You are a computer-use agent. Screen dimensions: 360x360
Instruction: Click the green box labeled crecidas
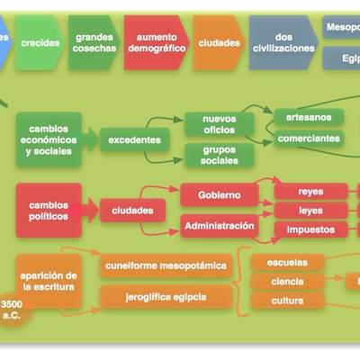pyautogui.click(x=40, y=42)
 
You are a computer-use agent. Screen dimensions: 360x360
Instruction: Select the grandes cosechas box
pyautogui.click(x=94, y=42)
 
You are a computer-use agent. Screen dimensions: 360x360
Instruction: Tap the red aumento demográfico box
pyautogui.click(x=155, y=42)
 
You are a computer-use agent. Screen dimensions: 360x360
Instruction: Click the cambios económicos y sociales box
pyautogui.click(x=49, y=139)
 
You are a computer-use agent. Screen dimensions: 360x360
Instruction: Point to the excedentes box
pyautogui.click(x=136, y=140)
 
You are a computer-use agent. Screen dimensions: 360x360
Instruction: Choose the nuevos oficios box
pyautogui.click(x=220, y=124)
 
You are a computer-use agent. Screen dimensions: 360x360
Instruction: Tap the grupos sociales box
pyautogui.click(x=220, y=155)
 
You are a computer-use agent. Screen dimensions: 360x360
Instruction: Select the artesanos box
pyautogui.click(x=309, y=118)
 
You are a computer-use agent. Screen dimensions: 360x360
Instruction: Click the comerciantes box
pyautogui.click(x=309, y=139)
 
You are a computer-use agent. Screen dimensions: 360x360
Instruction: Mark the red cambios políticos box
pyautogui.click(x=49, y=210)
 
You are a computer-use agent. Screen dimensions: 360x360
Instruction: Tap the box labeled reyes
pyautogui.click(x=310, y=191)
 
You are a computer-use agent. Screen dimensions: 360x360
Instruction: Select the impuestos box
pyautogui.click(x=310, y=229)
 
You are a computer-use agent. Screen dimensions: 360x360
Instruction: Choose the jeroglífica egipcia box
pyautogui.click(x=166, y=296)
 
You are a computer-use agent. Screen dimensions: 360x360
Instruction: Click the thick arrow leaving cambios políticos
pyautogui.click(x=89, y=211)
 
